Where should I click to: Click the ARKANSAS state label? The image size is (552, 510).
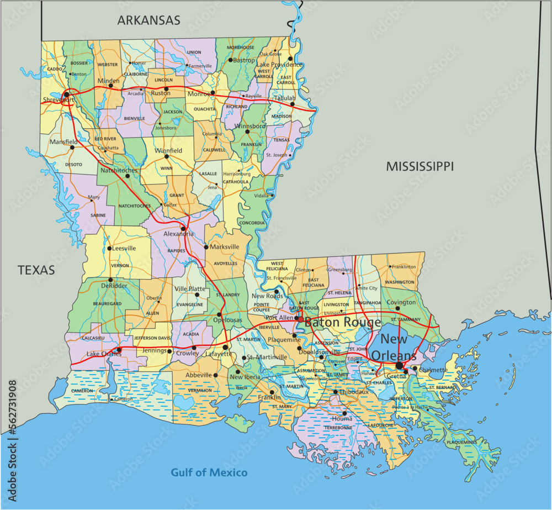coord(148,20)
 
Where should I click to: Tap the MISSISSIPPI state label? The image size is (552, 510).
coord(420,166)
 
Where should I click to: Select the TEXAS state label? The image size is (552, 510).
coord(36,270)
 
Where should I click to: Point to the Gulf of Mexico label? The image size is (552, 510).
coord(209,472)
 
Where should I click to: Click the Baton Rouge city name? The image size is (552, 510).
coord(343,322)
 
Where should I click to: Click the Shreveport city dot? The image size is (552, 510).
coord(66,94)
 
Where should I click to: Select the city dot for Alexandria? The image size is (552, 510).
coord(183,228)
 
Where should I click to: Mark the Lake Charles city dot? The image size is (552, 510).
coord(118,349)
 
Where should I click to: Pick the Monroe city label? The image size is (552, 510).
coord(198,94)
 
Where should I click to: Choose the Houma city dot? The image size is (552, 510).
coord(344,413)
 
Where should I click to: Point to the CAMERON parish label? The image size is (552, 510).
coord(81,391)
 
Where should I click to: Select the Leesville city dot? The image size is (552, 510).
coord(110,248)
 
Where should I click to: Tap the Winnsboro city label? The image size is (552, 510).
coord(251,125)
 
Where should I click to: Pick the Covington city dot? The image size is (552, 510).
coord(397,308)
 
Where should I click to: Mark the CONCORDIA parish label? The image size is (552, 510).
coord(252,223)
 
